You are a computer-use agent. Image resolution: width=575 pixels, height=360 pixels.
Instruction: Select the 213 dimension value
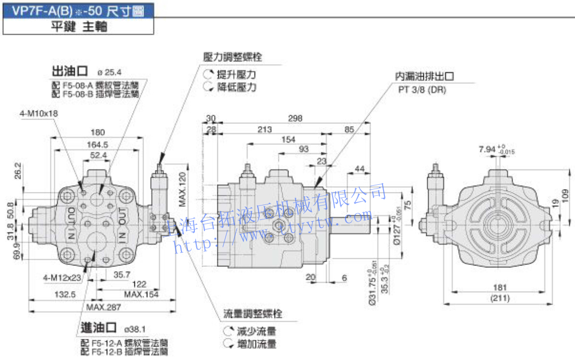[x=264, y=129]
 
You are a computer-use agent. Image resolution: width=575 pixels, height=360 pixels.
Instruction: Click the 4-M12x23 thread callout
[x=62, y=278]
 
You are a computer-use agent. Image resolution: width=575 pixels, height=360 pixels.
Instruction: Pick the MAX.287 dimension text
[x=104, y=307]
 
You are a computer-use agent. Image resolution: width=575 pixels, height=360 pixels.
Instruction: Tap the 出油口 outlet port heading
[x=70, y=72]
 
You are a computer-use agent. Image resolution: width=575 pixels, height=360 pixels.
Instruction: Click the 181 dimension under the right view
[x=500, y=288]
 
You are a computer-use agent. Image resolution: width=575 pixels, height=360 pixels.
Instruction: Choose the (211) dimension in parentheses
[x=500, y=299]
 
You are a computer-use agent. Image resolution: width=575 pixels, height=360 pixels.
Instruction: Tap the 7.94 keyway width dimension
[x=486, y=149]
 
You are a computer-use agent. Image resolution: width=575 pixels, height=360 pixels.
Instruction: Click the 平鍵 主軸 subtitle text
[x=79, y=27]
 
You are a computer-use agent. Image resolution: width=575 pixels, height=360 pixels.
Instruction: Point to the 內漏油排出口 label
[x=424, y=76]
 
